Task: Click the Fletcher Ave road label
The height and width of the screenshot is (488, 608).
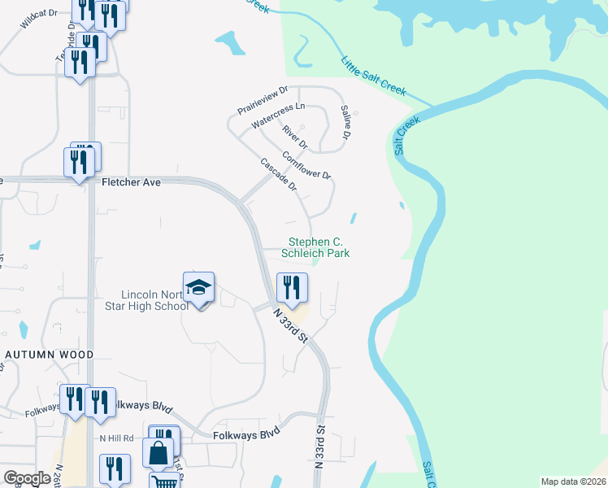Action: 132,183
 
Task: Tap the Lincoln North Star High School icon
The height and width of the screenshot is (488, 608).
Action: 198,288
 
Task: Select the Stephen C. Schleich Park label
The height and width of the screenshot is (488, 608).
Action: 315,247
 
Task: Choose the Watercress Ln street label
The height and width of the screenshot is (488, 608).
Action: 278,115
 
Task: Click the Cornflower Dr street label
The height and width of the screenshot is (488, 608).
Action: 306,165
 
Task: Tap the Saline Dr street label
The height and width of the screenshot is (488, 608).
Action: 345,121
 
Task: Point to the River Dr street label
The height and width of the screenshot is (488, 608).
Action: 295,137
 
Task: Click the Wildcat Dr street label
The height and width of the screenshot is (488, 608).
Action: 39,20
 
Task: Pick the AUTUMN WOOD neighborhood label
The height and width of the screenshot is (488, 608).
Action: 49,355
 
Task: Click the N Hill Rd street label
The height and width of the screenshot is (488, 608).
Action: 115,438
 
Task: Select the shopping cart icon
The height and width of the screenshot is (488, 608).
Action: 166,481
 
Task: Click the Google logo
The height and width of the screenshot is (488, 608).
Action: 27,477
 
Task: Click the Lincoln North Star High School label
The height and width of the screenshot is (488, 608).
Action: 154,300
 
